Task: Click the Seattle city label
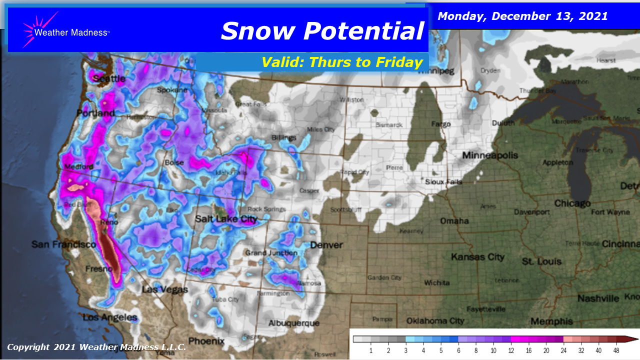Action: tap(109, 78)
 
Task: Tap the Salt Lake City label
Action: tap(226, 219)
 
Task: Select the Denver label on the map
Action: tap(326, 245)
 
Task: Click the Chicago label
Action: tap(572, 203)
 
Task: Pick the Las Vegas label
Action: tap(165, 289)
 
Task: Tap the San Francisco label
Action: tap(63, 244)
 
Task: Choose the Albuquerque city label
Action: tap(293, 323)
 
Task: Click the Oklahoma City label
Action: tap(435, 320)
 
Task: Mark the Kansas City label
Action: tap(477, 257)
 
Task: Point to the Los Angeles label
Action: tap(110, 317)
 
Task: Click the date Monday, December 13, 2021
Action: tap(522, 16)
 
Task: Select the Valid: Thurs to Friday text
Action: tap(342, 62)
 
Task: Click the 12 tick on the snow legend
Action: tap(510, 351)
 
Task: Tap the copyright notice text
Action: tap(96, 347)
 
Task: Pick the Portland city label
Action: tap(95, 113)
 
